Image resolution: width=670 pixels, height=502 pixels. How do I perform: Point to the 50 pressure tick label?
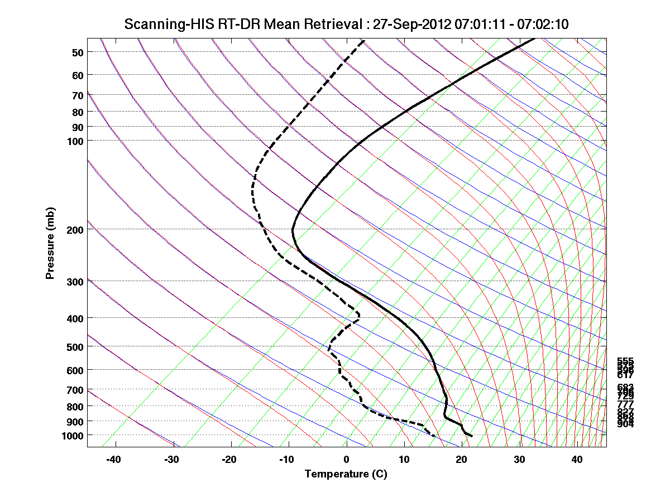coord(78,52)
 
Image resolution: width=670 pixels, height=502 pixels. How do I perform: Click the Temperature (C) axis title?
coord(346,474)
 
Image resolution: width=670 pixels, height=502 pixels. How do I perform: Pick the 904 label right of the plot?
coord(625,424)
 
